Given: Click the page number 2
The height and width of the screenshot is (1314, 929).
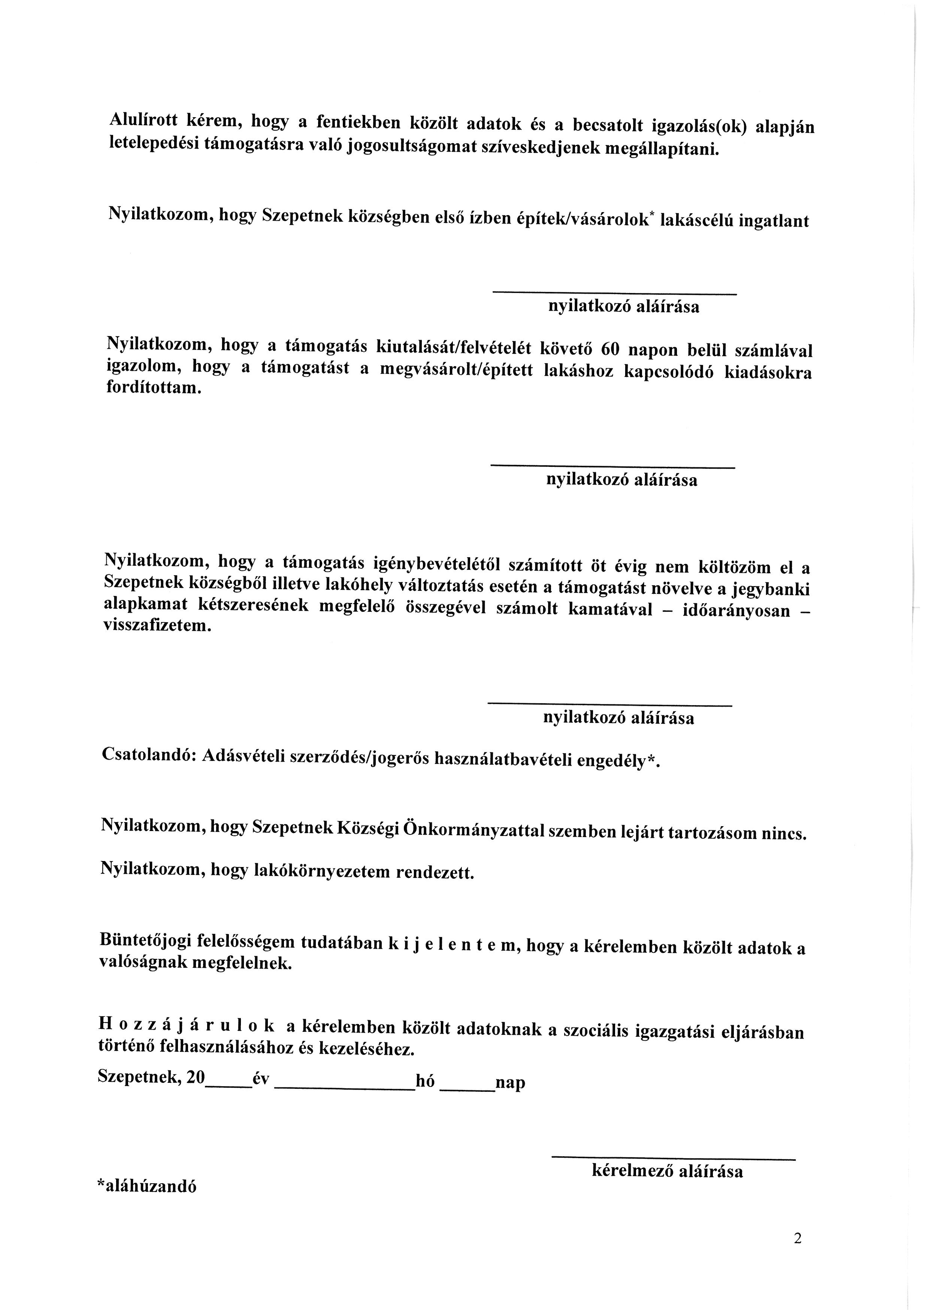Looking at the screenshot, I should point(798,1238).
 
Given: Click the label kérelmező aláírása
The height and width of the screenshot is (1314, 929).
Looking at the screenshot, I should point(667,1171).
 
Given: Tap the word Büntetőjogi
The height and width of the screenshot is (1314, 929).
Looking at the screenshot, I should point(145,940).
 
